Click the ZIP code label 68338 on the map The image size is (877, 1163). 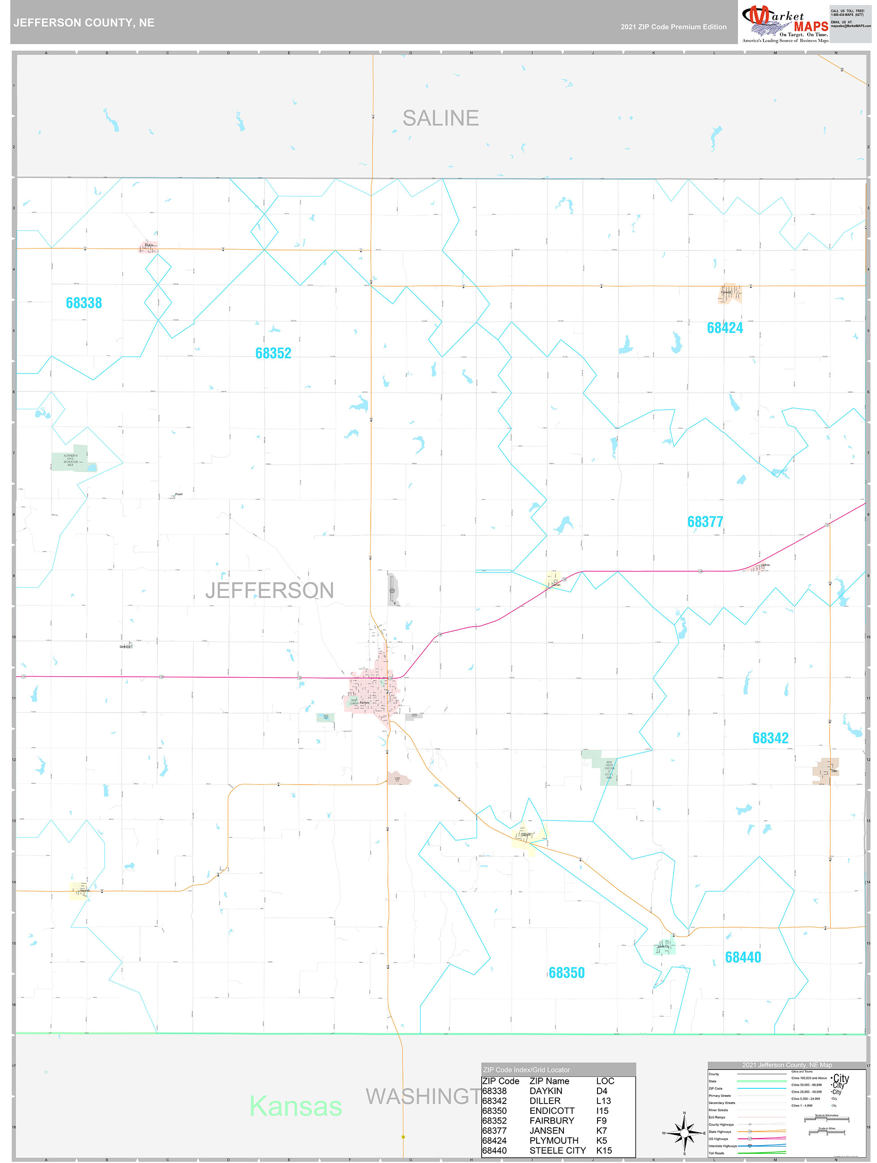(x=84, y=303)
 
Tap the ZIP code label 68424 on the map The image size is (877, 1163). (x=724, y=327)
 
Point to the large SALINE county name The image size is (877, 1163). (x=441, y=118)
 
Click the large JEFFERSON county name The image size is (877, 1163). (x=270, y=590)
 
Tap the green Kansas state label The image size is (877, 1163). (x=296, y=1106)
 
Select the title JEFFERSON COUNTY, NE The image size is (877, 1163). (x=84, y=23)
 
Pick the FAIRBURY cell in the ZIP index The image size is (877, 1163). (x=551, y=1121)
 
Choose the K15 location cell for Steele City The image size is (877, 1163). (x=604, y=1150)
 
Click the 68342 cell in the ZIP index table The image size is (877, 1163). (x=494, y=1100)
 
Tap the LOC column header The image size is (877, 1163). (x=605, y=1081)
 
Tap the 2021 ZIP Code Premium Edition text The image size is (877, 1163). (x=673, y=27)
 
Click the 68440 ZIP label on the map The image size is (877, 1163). (x=742, y=957)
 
